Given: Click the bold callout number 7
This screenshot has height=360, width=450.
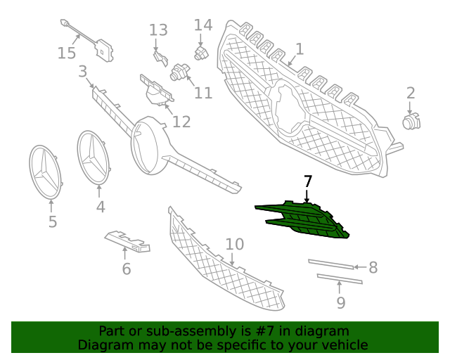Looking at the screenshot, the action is click(307, 181).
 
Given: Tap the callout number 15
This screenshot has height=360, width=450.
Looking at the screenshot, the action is click(67, 53).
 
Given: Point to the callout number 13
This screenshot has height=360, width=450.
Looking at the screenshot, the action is click(158, 30).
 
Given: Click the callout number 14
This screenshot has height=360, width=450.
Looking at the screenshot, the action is click(203, 25).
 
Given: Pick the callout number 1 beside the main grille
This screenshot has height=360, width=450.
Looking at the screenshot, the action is click(300, 49).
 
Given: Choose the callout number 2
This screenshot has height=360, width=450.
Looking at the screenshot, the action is click(411, 94).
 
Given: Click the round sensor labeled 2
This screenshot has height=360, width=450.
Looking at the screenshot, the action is click(411, 122).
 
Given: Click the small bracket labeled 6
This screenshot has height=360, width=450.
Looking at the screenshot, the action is click(127, 241).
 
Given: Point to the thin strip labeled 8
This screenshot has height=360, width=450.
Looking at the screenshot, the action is click(331, 264).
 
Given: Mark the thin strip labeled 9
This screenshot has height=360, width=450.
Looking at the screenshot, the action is click(340, 278).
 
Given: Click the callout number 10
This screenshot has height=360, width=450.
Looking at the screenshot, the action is click(235, 244).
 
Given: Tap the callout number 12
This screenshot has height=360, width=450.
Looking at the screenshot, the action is click(181, 122).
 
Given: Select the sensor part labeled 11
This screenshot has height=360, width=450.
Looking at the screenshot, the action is click(180, 72).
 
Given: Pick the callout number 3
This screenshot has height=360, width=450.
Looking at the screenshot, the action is click(83, 72).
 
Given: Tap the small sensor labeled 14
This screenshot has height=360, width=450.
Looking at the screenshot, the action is click(202, 52).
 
